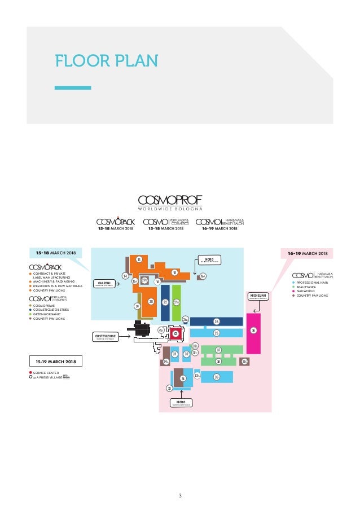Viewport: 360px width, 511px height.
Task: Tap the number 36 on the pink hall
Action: pos(254,331)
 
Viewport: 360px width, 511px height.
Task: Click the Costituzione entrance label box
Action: pos(106,337)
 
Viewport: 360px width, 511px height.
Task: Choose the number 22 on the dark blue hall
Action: pos(165,302)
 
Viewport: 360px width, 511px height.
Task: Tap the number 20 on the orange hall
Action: pos(151,302)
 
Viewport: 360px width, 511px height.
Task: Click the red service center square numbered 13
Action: pos(175,334)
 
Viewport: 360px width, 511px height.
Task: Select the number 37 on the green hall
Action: pos(218,350)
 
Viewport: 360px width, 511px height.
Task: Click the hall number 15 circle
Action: pos(139,259)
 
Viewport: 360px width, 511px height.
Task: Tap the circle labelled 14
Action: pos(125,276)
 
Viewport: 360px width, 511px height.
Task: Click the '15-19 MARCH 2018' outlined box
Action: pos(55,360)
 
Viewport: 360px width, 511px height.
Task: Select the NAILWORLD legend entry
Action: pos(307,291)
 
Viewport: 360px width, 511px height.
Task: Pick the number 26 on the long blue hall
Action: pos(216,321)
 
